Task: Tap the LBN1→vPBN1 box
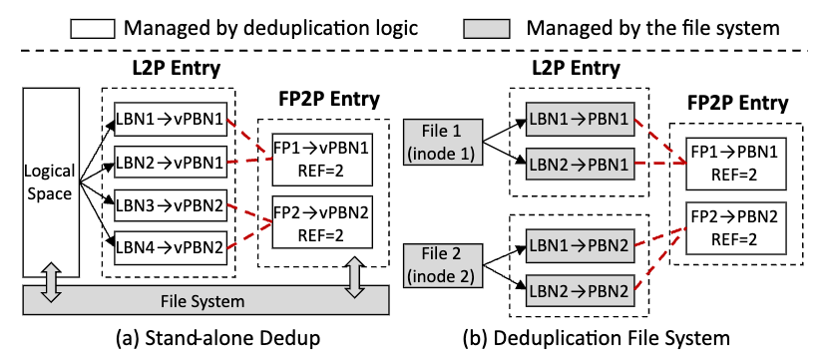pyautogui.click(x=170, y=117)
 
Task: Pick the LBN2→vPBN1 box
pyautogui.click(x=170, y=159)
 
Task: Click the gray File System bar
pyautogui.click(x=204, y=299)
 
